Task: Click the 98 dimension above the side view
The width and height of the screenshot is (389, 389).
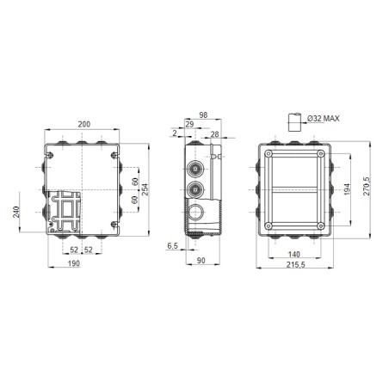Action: point(203,115)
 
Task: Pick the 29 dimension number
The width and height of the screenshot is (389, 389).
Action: point(188,126)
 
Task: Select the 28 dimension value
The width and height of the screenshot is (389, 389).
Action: point(214,134)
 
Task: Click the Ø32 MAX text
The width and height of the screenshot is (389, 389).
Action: point(320,118)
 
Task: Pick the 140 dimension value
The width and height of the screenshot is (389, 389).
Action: point(294,256)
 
